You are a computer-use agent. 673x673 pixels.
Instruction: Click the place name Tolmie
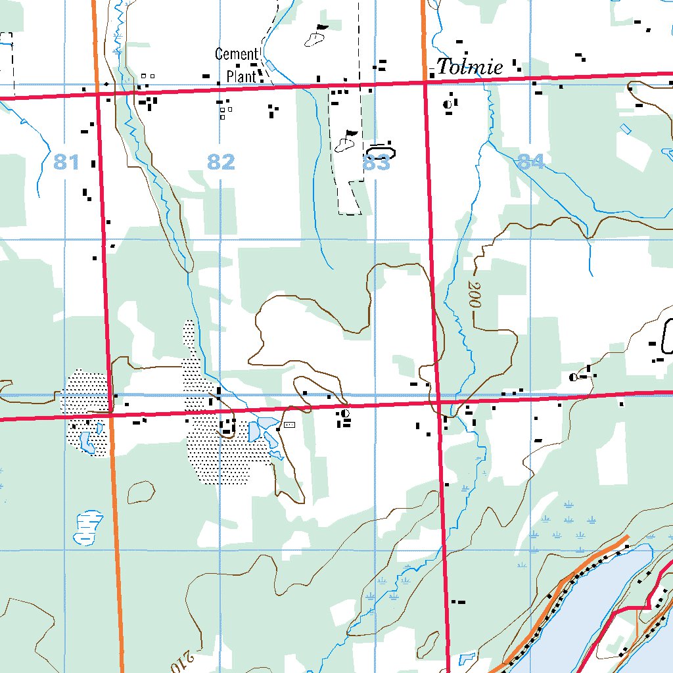pyautogui.click(x=470, y=66)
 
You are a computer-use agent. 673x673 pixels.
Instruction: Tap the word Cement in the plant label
pyautogui.click(x=236, y=54)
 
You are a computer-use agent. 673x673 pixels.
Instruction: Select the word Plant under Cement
pyautogui.click(x=241, y=76)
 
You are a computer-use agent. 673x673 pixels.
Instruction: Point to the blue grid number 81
pyautogui.click(x=66, y=161)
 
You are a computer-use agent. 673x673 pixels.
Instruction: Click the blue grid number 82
pyautogui.click(x=221, y=162)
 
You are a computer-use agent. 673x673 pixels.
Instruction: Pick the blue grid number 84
pyautogui.click(x=530, y=161)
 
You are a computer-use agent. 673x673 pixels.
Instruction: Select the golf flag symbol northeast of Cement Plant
pyautogui.click(x=317, y=37)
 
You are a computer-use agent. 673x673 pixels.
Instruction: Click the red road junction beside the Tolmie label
pyautogui.click(x=426, y=82)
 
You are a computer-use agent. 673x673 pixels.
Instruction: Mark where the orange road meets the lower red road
pyautogui.click(x=111, y=414)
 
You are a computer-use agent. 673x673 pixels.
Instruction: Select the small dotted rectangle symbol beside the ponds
pyautogui.click(x=289, y=425)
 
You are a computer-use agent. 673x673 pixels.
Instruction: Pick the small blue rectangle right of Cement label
pyautogui.click(x=269, y=65)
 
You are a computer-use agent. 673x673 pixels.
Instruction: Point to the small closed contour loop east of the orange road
pyautogui.click(x=141, y=492)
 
